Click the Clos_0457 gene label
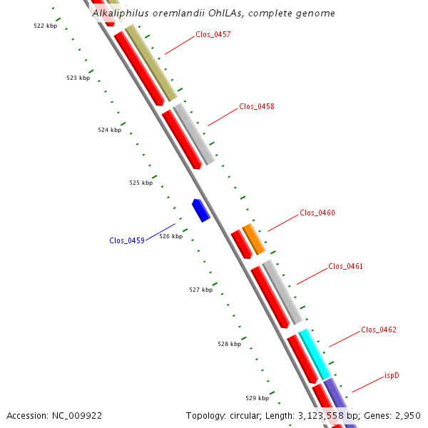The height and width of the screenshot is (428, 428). pyautogui.click(x=213, y=34)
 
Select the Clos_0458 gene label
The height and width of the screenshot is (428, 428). pyautogui.click(x=256, y=106)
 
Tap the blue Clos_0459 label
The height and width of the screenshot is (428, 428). pyautogui.click(x=127, y=240)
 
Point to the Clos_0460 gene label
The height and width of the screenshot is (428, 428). pyautogui.click(x=317, y=213)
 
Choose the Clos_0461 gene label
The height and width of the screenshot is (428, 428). pyautogui.click(x=345, y=267)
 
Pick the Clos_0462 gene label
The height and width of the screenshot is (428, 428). pyautogui.click(x=378, y=330)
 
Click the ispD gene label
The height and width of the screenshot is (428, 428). pyautogui.click(x=392, y=375)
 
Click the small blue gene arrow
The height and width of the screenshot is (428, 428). pyautogui.click(x=200, y=210)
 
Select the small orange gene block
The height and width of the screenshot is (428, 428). pyautogui.click(x=253, y=239)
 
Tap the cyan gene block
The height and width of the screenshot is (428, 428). pyautogui.click(x=315, y=354)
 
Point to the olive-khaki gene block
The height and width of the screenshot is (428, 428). pyautogui.click(x=151, y=63)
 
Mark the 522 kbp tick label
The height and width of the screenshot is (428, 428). pyautogui.click(x=45, y=26)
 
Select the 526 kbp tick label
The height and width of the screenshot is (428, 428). pyautogui.click(x=170, y=236)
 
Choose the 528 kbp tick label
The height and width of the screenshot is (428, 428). pyautogui.click(x=229, y=344)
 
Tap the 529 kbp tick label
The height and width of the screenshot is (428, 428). pyautogui.click(x=257, y=398)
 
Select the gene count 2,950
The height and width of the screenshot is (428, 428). pyautogui.click(x=405, y=415)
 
